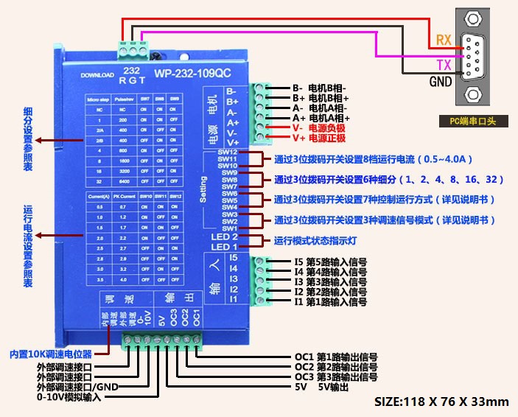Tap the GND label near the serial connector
(x=441, y=82)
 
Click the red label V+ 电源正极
(x=318, y=138)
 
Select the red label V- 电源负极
(x=318, y=127)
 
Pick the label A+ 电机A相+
(x=321, y=117)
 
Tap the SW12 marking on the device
(x=227, y=151)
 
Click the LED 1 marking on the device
(x=225, y=247)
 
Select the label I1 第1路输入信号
(x=330, y=302)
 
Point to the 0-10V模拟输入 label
(x=69, y=397)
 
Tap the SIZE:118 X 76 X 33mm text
(x=442, y=402)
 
